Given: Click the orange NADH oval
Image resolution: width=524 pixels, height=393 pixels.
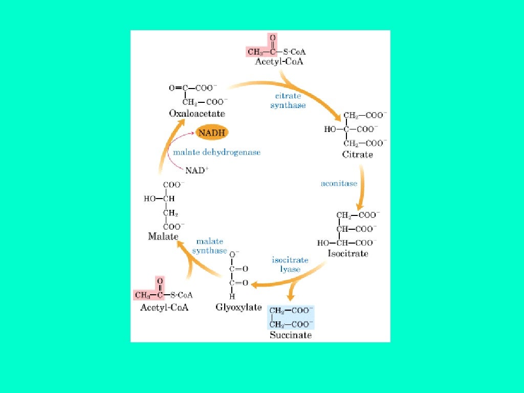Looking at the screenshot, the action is (212, 133).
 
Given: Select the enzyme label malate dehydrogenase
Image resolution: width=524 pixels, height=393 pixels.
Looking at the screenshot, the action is (216, 152).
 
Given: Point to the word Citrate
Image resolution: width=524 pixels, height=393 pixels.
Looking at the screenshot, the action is (358, 154).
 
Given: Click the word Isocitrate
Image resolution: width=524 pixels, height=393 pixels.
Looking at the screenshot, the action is (348, 253).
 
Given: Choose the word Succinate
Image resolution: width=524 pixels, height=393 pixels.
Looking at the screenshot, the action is (291, 335).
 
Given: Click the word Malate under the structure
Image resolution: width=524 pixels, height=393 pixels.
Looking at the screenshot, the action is (163, 236).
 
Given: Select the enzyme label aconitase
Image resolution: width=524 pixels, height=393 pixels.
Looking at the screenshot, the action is (339, 183).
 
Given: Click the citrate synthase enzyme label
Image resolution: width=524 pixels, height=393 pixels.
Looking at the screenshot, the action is (288, 101).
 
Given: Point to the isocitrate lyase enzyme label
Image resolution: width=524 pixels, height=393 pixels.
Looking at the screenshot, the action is (290, 265).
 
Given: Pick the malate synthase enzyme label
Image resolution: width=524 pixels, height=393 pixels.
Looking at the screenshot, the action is (209, 246).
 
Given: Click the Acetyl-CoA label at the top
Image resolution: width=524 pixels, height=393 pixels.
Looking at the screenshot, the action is (279, 62).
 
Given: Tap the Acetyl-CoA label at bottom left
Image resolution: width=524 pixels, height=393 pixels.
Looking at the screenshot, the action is (164, 307).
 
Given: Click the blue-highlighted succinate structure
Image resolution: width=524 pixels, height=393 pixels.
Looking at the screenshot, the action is (291, 317).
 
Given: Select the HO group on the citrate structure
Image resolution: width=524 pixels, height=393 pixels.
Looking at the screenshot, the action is (330, 129).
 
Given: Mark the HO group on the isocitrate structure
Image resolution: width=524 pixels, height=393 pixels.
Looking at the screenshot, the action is (323, 243).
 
